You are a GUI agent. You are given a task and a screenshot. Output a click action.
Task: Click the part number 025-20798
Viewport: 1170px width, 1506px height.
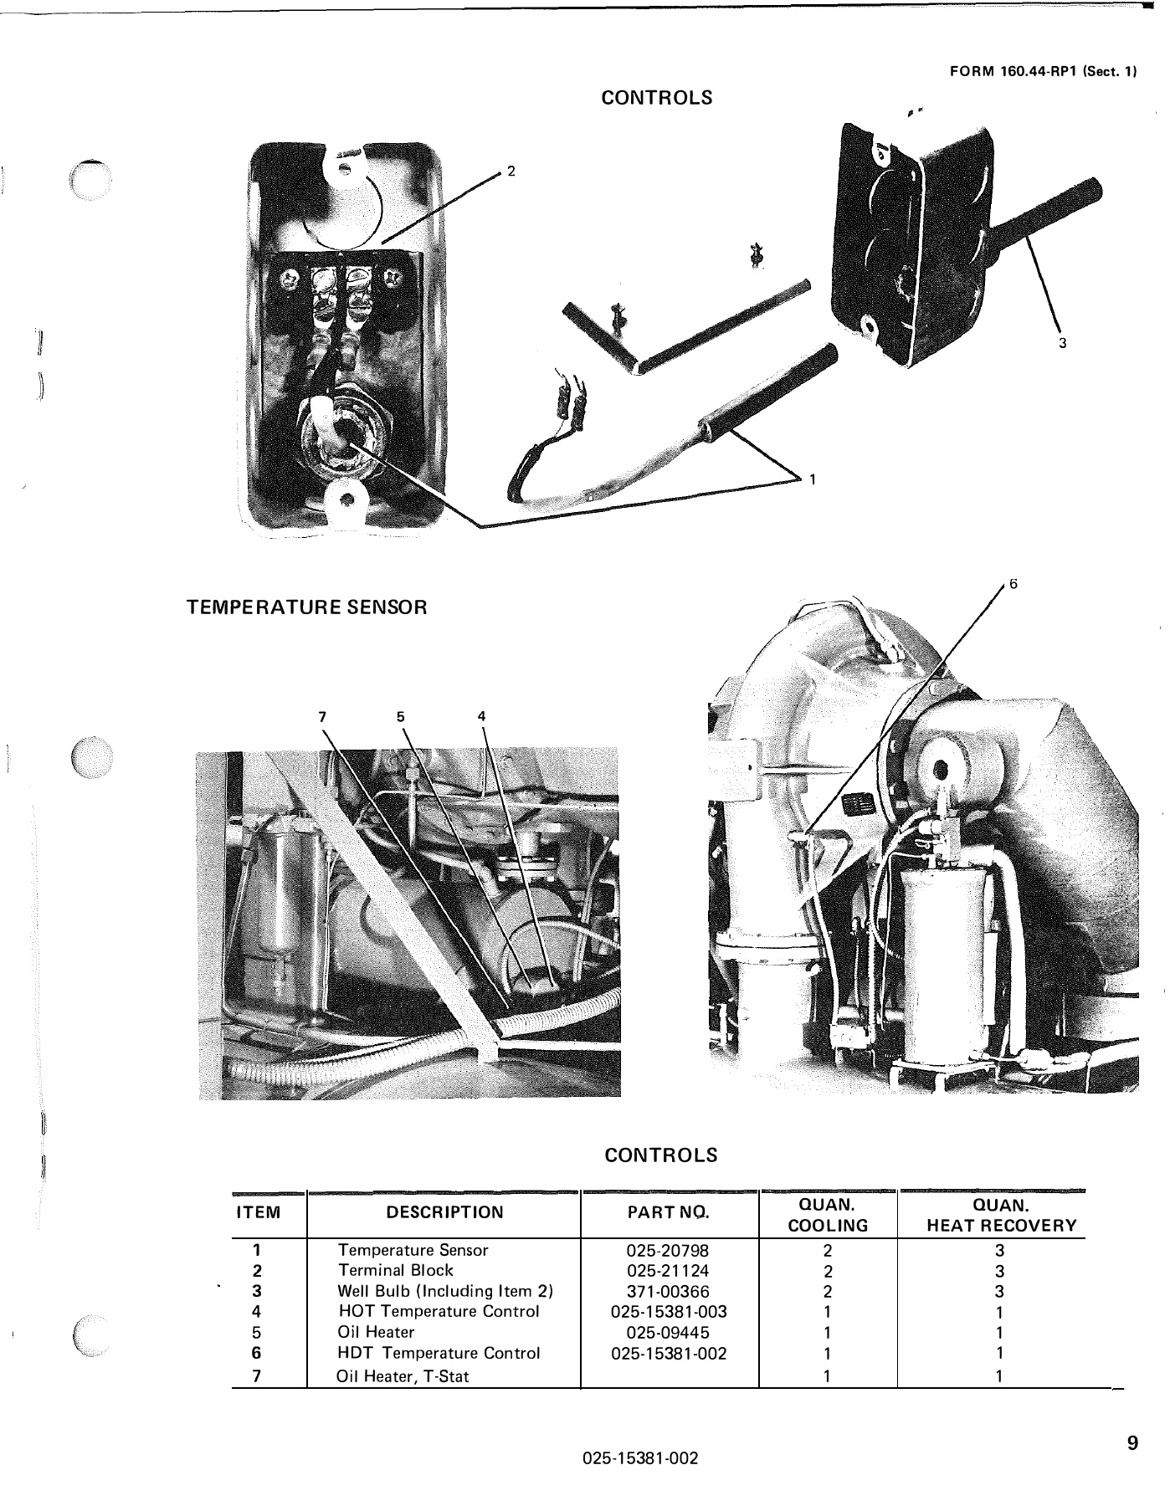(667, 1250)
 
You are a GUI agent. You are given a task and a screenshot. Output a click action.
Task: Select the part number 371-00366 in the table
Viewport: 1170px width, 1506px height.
(667, 1291)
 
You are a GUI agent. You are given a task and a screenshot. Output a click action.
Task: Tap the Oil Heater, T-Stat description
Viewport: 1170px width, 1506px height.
(403, 1376)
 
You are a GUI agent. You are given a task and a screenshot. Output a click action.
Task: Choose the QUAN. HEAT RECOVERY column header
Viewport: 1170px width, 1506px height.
(1001, 1215)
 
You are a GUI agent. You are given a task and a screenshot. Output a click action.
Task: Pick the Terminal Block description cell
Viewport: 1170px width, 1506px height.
(395, 1270)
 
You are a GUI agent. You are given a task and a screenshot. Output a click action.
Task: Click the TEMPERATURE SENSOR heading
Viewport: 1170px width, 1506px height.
(306, 607)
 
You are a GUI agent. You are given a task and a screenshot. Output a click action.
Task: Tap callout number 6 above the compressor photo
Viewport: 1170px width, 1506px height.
(1013, 584)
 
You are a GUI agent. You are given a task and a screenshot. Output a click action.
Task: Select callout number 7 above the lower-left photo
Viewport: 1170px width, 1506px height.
(322, 716)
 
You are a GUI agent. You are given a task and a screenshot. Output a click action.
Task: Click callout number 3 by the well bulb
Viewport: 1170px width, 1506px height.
(1062, 343)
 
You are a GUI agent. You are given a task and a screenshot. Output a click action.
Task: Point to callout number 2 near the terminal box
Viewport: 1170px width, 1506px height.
(511, 172)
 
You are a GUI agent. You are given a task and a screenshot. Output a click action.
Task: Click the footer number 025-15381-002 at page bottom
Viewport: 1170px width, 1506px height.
(640, 1458)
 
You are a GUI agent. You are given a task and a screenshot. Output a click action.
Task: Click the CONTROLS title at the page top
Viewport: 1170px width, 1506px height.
(657, 98)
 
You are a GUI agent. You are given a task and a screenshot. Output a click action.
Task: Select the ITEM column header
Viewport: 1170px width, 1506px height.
(259, 1212)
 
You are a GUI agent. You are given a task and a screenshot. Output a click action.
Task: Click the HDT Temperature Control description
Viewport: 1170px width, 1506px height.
(439, 1353)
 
